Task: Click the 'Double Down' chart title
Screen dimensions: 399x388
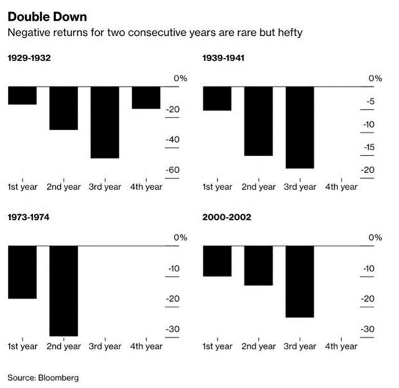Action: click(x=47, y=17)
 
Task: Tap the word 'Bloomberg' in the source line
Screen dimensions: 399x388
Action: click(x=58, y=377)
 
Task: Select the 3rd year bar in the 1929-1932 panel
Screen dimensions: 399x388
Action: click(x=105, y=122)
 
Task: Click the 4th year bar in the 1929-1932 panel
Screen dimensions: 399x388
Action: click(x=146, y=98)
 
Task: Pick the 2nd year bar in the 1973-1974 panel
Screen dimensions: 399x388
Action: click(x=64, y=291)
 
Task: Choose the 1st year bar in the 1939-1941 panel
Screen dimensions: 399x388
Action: click(x=217, y=99)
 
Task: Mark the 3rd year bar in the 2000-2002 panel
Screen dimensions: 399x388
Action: click(x=300, y=282)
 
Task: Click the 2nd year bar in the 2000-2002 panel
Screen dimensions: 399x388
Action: click(x=258, y=265)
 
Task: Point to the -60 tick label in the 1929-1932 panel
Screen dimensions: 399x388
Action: click(x=173, y=170)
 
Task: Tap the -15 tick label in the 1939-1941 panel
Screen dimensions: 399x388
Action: click(x=369, y=147)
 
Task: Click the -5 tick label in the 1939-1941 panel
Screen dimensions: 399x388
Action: click(x=371, y=101)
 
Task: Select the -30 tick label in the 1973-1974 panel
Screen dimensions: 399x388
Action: click(x=173, y=329)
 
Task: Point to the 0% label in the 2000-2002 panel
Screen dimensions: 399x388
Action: click(x=375, y=237)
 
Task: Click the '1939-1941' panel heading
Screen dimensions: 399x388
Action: click(x=223, y=58)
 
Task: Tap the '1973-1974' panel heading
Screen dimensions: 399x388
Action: click(x=28, y=217)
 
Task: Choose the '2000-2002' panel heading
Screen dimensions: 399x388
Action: click(x=227, y=217)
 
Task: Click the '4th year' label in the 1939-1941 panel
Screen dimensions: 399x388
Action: click(x=341, y=187)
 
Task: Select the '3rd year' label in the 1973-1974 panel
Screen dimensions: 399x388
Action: click(x=105, y=346)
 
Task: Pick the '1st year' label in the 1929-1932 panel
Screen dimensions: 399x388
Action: click(x=23, y=187)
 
